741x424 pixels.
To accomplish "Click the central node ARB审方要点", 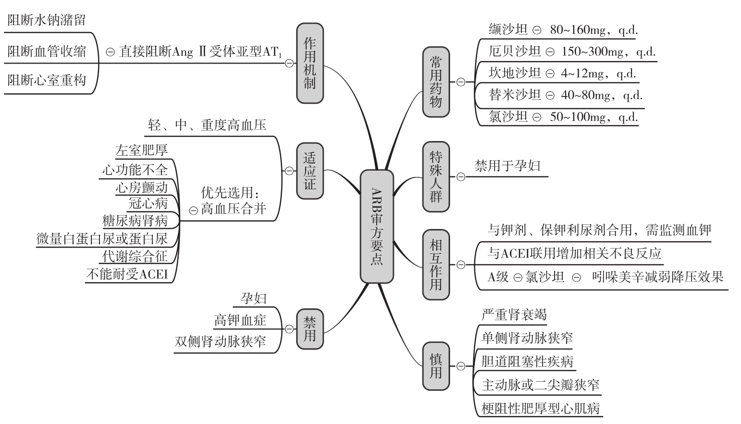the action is click(377, 227).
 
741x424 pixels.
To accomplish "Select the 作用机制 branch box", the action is click(310, 63).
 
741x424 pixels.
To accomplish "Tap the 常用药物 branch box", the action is click(436, 82).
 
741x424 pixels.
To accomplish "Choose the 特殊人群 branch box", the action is click(436, 177).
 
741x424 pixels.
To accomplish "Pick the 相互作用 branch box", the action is click(436, 265).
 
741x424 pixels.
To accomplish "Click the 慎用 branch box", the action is click(436, 366).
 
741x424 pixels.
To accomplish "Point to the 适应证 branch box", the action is click(310, 171).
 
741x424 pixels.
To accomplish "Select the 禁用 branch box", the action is click(310, 329).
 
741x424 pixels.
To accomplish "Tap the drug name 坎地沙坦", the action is click(515, 73).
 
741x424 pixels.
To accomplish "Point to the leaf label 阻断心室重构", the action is click(47, 80).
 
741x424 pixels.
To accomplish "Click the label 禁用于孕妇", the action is click(507, 166).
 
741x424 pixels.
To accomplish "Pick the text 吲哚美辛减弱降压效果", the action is click(658, 277).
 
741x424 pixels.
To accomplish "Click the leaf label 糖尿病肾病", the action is click(135, 221).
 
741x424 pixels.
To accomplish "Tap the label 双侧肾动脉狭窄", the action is click(220, 341).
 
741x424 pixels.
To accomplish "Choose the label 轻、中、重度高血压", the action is click(207, 125).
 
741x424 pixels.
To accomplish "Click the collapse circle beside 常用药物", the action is click(461, 82).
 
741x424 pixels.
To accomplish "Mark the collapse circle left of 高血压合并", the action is click(193, 211).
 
